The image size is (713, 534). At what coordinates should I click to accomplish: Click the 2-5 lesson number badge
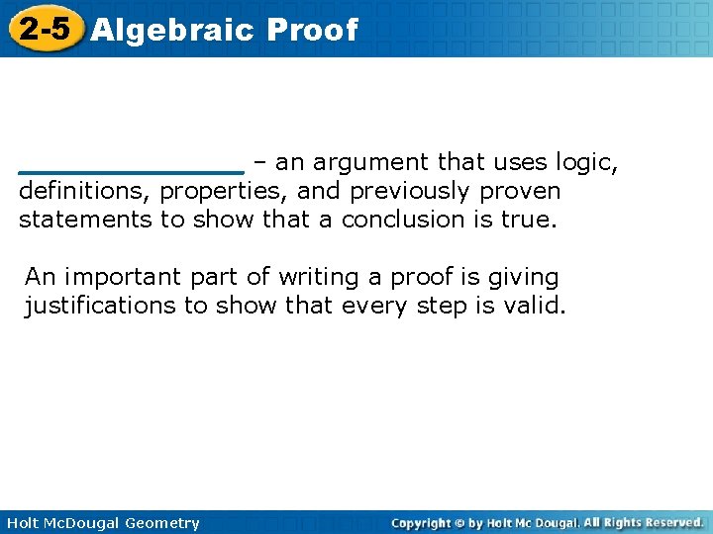click(43, 29)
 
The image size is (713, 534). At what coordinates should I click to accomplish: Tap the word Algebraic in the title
click(171, 30)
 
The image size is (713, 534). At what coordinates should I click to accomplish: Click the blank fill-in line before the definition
click(132, 171)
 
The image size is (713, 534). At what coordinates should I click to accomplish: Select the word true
click(530, 220)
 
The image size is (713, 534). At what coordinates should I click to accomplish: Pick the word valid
click(535, 307)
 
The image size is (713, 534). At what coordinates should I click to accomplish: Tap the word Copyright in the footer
click(425, 523)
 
